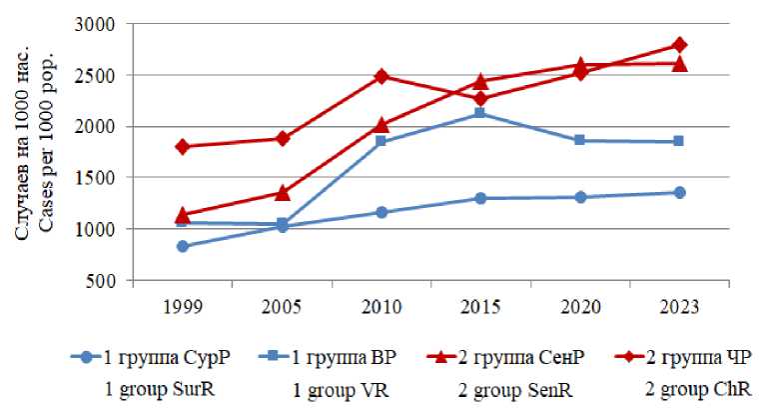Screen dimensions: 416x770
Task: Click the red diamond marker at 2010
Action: [382, 76]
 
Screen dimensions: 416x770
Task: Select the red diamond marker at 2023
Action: [679, 45]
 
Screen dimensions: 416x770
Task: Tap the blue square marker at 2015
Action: [480, 113]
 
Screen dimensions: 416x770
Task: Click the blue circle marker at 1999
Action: [183, 246]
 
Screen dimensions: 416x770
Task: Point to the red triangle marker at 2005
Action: [283, 192]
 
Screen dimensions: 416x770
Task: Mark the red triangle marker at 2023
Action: [679, 63]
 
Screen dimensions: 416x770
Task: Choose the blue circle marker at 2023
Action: [679, 192]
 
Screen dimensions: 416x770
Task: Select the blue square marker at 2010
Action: [382, 142]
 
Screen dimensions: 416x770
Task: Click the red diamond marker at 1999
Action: [183, 146]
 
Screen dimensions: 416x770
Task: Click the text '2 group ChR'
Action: [694, 388]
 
